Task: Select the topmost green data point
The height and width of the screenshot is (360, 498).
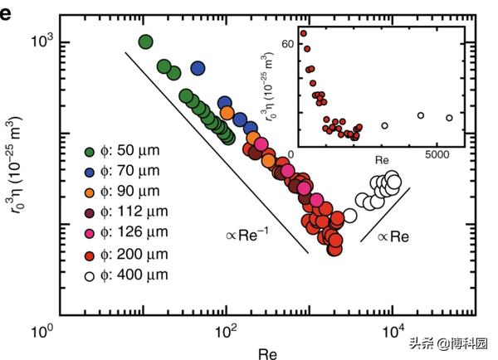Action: click(146, 42)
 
